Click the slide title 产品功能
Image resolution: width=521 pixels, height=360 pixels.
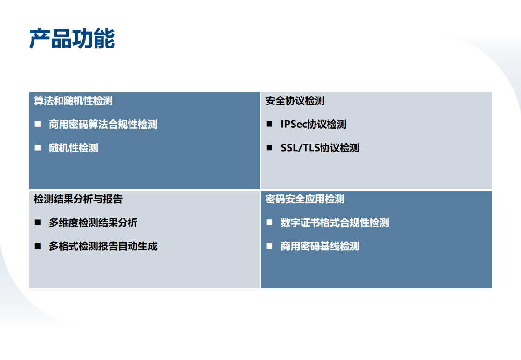pyautogui.click(x=72, y=39)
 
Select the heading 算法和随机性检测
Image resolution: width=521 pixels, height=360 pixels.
pyautogui.click(x=73, y=101)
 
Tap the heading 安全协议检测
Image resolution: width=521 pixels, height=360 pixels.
pyautogui.click(x=295, y=101)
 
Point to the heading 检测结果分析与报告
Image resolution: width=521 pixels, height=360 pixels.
pyautogui.click(x=78, y=199)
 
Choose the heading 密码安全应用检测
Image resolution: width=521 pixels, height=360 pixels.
pyautogui.click(x=305, y=199)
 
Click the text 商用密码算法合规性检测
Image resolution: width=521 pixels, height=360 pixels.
pyautogui.click(x=103, y=125)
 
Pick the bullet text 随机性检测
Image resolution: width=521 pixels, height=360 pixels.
pyautogui.click(x=74, y=148)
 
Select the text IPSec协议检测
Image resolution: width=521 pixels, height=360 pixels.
pyautogui.click(x=313, y=125)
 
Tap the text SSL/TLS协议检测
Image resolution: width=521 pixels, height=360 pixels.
pyautogui.click(x=320, y=148)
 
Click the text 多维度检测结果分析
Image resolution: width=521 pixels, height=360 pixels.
pyautogui.click(x=93, y=223)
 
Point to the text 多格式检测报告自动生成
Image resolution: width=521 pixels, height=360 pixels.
pyautogui.click(x=103, y=246)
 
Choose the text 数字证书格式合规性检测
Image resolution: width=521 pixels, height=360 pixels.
pyautogui.click(x=335, y=223)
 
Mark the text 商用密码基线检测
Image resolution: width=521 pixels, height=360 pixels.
pyautogui.click(x=320, y=246)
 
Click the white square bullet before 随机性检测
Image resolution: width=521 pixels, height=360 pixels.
pyautogui.click(x=38, y=147)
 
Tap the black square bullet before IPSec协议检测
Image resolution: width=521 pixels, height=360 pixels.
pyautogui.click(x=269, y=124)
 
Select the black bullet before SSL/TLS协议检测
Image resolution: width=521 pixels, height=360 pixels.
pyautogui.click(x=269, y=147)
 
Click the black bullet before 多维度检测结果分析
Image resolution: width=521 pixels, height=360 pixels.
pyautogui.click(x=38, y=222)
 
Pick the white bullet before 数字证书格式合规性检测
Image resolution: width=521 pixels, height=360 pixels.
pyautogui.click(x=269, y=222)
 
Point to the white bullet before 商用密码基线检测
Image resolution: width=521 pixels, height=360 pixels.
pyautogui.click(x=269, y=246)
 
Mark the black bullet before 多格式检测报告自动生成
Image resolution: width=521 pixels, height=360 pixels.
pyautogui.click(x=38, y=246)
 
